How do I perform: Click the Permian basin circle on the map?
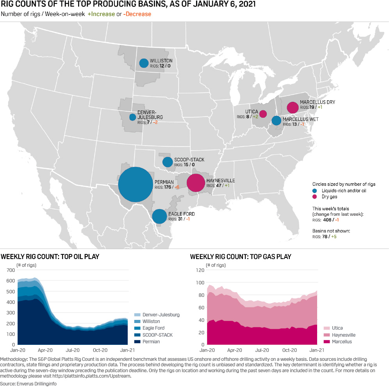point(135,185)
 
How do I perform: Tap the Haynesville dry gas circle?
point(196,183)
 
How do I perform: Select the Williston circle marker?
point(144,63)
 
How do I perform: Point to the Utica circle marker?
point(263,114)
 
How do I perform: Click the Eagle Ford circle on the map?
point(159,216)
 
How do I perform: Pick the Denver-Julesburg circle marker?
point(133,117)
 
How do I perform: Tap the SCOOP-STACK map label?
point(189,160)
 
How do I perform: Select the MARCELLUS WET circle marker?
point(276,121)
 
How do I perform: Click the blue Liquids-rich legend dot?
point(315,191)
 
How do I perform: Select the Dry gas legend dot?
point(315,197)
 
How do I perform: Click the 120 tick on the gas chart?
point(199,270)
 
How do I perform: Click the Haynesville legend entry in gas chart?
point(343,335)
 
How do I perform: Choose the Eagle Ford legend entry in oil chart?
point(153,328)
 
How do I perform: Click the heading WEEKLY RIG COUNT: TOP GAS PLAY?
point(241,257)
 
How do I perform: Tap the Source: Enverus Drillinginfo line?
point(28,384)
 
